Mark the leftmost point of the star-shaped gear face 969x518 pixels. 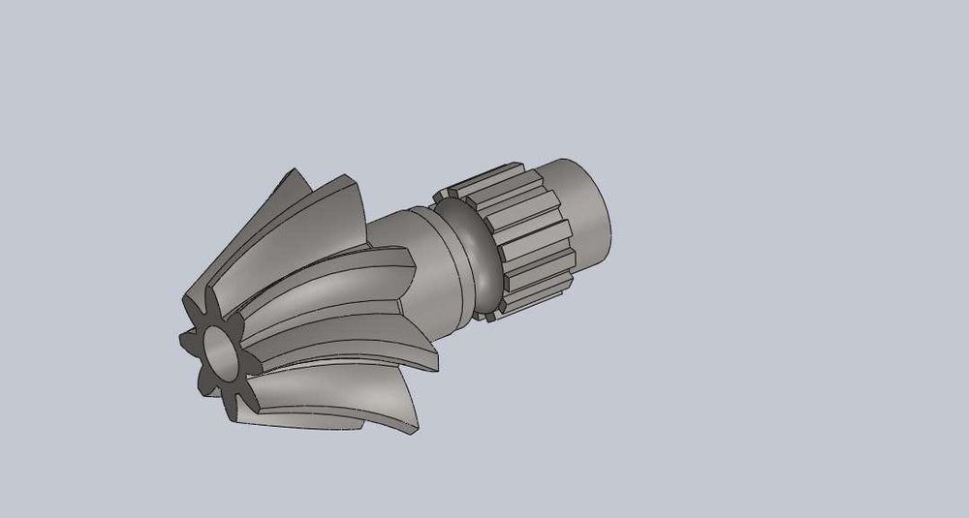[180, 341]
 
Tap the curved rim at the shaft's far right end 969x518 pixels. [606, 218]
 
